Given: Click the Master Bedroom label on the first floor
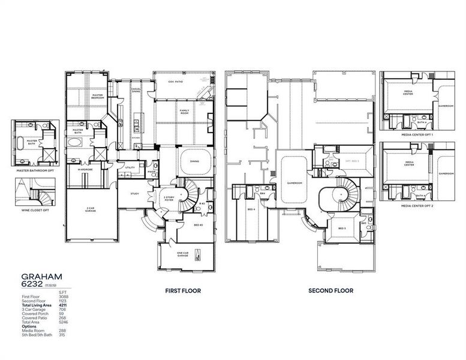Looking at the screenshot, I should (x=97, y=97).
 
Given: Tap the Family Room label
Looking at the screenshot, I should (x=185, y=112).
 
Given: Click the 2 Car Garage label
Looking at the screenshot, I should (x=91, y=209).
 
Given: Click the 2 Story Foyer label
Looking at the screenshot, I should (x=169, y=198).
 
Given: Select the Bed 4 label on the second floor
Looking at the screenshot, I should (x=251, y=209).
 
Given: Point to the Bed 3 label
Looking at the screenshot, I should (x=341, y=229).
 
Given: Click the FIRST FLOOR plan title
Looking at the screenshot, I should (x=183, y=290).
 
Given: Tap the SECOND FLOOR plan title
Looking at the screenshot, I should (x=330, y=290).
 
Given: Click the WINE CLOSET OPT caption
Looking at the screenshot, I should (x=31, y=211).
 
